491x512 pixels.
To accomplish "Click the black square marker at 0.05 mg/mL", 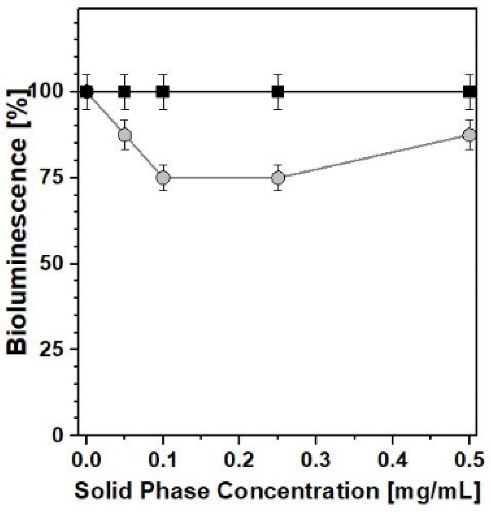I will click(x=125, y=91).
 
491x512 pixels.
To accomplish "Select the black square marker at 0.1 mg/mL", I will click(x=163, y=91).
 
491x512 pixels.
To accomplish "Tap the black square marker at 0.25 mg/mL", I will click(x=278, y=91).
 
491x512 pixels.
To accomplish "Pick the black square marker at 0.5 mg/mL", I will click(x=469, y=91).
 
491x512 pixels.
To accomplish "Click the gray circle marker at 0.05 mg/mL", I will click(x=125, y=135).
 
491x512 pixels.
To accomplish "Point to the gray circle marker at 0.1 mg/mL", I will click(x=163, y=178).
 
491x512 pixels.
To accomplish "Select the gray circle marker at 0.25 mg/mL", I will click(x=278, y=178).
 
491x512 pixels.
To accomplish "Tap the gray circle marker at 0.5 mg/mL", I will click(x=469, y=135).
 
